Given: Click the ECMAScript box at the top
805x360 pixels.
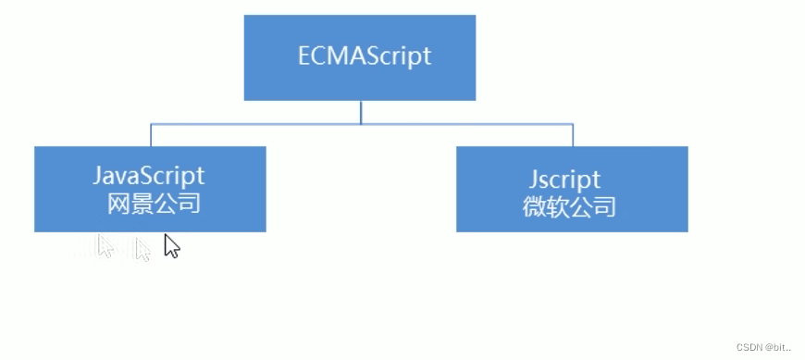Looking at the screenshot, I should coord(359,57).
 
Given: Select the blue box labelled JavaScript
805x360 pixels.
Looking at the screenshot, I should coord(150,189).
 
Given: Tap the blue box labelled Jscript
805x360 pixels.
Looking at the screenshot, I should coord(572,189).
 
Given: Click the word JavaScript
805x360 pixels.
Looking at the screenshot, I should coord(148,176).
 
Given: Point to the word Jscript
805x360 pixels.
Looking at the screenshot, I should coord(566,178).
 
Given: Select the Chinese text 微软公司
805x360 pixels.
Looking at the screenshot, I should coord(569,205).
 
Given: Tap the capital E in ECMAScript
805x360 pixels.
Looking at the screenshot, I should coord(305,56).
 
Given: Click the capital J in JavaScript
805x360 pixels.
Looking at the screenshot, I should coord(98,176).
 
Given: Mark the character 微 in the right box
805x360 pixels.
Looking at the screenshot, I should coord(534,205).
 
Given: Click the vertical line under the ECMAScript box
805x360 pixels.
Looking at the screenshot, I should coord(361,111).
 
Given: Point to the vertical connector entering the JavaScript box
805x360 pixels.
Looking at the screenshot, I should coord(151,135).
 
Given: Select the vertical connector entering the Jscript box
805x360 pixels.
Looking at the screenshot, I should coord(573,135).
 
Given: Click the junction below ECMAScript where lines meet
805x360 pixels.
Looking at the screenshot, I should coord(361,123).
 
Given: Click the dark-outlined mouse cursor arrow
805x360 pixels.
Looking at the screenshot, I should coord(171,245).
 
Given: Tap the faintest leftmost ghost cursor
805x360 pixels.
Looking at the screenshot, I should coord(105,245).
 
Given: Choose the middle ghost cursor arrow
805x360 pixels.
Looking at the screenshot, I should coord(142,249).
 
